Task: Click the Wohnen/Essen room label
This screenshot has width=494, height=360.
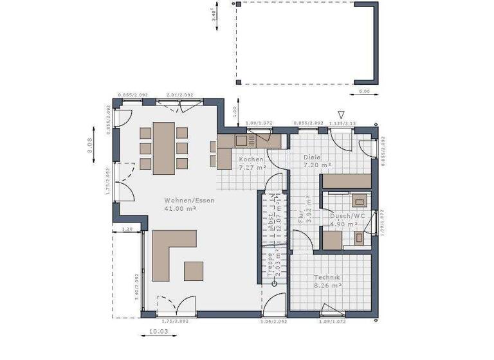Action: (x=188, y=200)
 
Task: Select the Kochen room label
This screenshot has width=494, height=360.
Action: (x=250, y=159)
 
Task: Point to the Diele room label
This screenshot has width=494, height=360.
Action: (x=312, y=157)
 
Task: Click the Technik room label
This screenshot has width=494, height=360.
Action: (x=326, y=277)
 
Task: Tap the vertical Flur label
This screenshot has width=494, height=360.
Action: (x=300, y=214)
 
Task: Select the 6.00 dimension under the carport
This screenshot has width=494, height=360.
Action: (x=364, y=92)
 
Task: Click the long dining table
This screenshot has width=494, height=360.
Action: (x=163, y=148)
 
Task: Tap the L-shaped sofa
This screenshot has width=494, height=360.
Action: (x=170, y=253)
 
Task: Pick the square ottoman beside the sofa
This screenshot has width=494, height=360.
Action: (x=194, y=271)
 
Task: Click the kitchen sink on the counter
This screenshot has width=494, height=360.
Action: (x=244, y=140)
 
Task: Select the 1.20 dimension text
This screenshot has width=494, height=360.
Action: (x=127, y=229)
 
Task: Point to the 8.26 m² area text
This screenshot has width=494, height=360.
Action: (x=327, y=285)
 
